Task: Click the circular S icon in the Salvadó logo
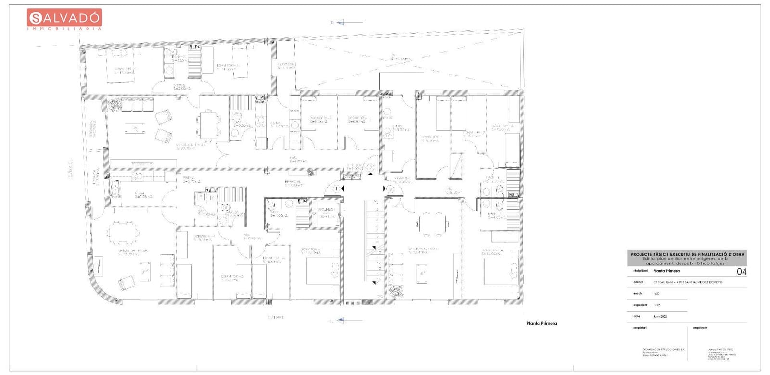36,18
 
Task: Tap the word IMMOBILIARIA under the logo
64,29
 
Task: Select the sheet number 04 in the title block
742,272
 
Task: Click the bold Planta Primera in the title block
667,271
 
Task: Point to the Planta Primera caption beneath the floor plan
542,324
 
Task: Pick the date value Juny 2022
660,317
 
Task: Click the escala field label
638,293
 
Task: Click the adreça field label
639,282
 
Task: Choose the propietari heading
640,328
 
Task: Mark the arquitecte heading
700,328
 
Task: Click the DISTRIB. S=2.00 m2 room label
182,87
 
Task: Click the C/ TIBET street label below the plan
276,318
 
